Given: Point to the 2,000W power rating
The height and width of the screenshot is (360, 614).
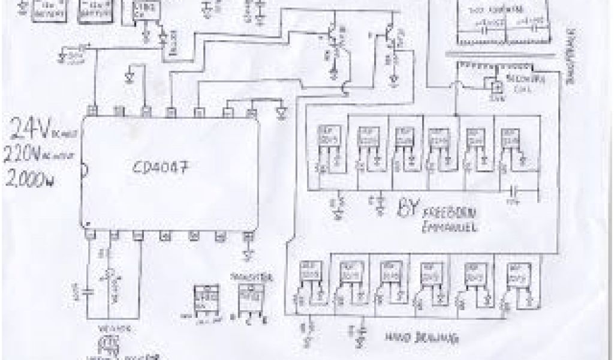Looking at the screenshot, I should pyautogui.click(x=27, y=179).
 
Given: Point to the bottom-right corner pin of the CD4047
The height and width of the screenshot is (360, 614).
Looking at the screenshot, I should pyautogui.click(x=246, y=236).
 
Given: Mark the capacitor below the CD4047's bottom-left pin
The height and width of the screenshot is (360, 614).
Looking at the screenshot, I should pyautogui.click(x=88, y=292).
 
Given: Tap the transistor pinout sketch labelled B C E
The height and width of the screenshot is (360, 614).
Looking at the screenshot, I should pyautogui.click(x=246, y=298).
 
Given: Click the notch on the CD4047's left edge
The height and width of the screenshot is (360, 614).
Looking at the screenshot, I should pyautogui.click(x=85, y=172).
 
